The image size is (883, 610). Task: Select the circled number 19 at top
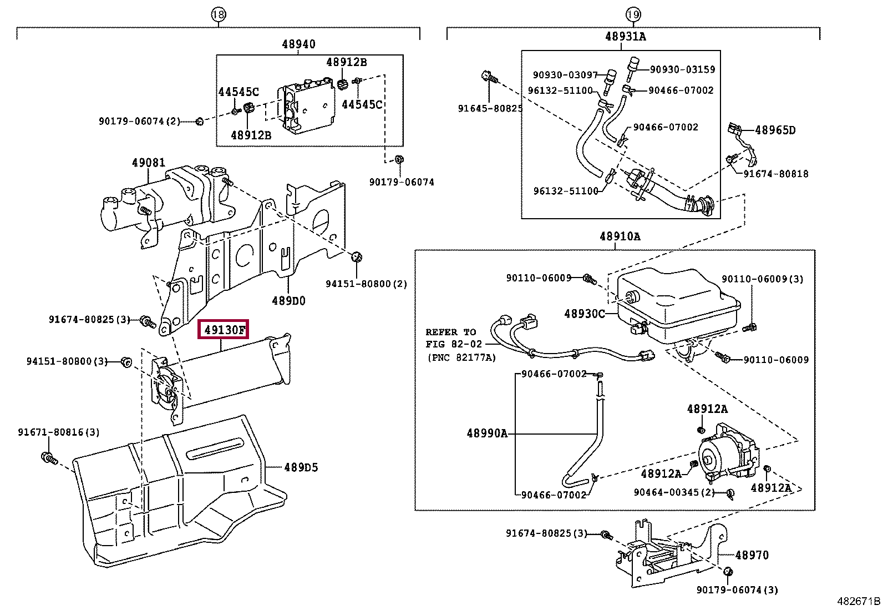click(633, 15)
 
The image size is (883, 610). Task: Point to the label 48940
click(298, 44)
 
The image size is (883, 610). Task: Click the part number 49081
click(148, 163)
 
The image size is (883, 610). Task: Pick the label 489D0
click(288, 301)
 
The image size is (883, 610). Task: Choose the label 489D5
click(301, 467)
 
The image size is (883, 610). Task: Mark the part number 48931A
click(625, 37)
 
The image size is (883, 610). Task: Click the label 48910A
click(620, 236)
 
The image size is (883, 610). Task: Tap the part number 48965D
click(775, 130)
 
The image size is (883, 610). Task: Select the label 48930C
click(585, 314)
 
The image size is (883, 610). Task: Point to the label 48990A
click(487, 433)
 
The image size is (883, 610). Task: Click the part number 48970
click(752, 554)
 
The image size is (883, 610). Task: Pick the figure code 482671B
click(858, 601)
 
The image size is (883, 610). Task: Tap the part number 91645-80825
click(490, 109)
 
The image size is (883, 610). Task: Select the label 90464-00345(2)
click(674, 492)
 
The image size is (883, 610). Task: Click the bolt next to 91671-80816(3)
click(48, 458)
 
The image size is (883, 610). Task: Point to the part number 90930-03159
click(682, 70)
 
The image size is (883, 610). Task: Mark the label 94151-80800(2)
click(366, 284)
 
